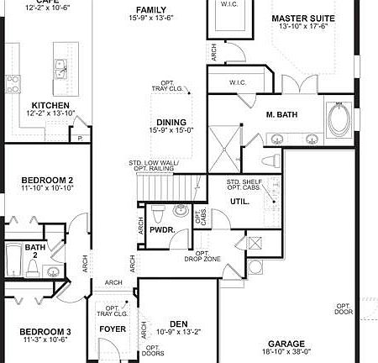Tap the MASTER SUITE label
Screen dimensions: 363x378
tap(303, 18)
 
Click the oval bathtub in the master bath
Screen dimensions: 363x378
tap(341, 120)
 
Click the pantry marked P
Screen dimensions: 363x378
tap(81, 136)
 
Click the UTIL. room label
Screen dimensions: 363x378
tap(240, 202)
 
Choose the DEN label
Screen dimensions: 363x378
tap(178, 323)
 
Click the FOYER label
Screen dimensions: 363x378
tap(113, 329)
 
